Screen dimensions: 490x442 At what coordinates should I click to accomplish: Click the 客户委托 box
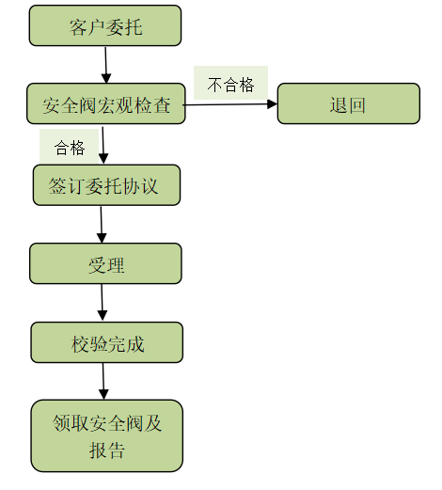pos(105,25)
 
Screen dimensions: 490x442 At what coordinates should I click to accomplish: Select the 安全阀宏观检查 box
pos(105,104)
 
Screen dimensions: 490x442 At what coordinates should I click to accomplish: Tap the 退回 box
pos(348,103)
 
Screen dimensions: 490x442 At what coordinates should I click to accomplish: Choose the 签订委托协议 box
pos(105,185)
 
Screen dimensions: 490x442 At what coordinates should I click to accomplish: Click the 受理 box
pos(105,264)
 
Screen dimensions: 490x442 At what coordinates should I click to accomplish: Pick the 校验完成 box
pos(106,343)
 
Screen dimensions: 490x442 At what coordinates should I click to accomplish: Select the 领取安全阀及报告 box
pos(106,435)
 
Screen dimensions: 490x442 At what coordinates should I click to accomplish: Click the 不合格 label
pos(230,84)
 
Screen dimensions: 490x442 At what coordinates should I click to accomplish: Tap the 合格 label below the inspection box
pos(70,148)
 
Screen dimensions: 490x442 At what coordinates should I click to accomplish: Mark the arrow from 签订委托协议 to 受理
pos(102,225)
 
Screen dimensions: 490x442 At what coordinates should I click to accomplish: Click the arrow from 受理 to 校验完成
pos(102,303)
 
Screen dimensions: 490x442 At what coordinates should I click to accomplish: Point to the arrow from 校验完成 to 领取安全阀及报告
pos(103,381)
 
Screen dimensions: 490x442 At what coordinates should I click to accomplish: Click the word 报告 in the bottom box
pos(106,450)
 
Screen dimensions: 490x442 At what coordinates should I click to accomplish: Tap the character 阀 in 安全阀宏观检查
pos(87,104)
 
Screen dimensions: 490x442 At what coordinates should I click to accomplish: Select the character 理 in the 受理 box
pos(116,264)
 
